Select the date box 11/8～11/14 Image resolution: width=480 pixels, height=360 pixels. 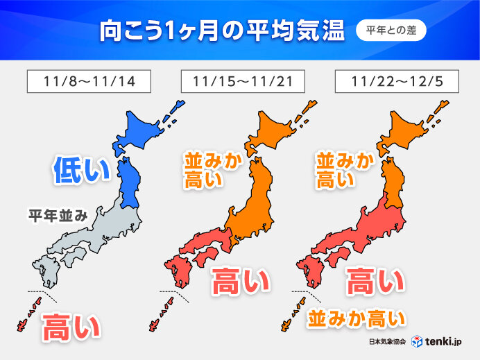coord(89,81)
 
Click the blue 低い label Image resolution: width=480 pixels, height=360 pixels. coord(81,171)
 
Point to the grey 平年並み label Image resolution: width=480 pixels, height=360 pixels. coord(58,216)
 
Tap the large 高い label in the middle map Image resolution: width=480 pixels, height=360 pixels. coord(240,283)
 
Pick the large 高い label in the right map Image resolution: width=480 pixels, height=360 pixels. coord(375,283)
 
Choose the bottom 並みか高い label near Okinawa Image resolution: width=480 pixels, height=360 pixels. coord(357,319)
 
